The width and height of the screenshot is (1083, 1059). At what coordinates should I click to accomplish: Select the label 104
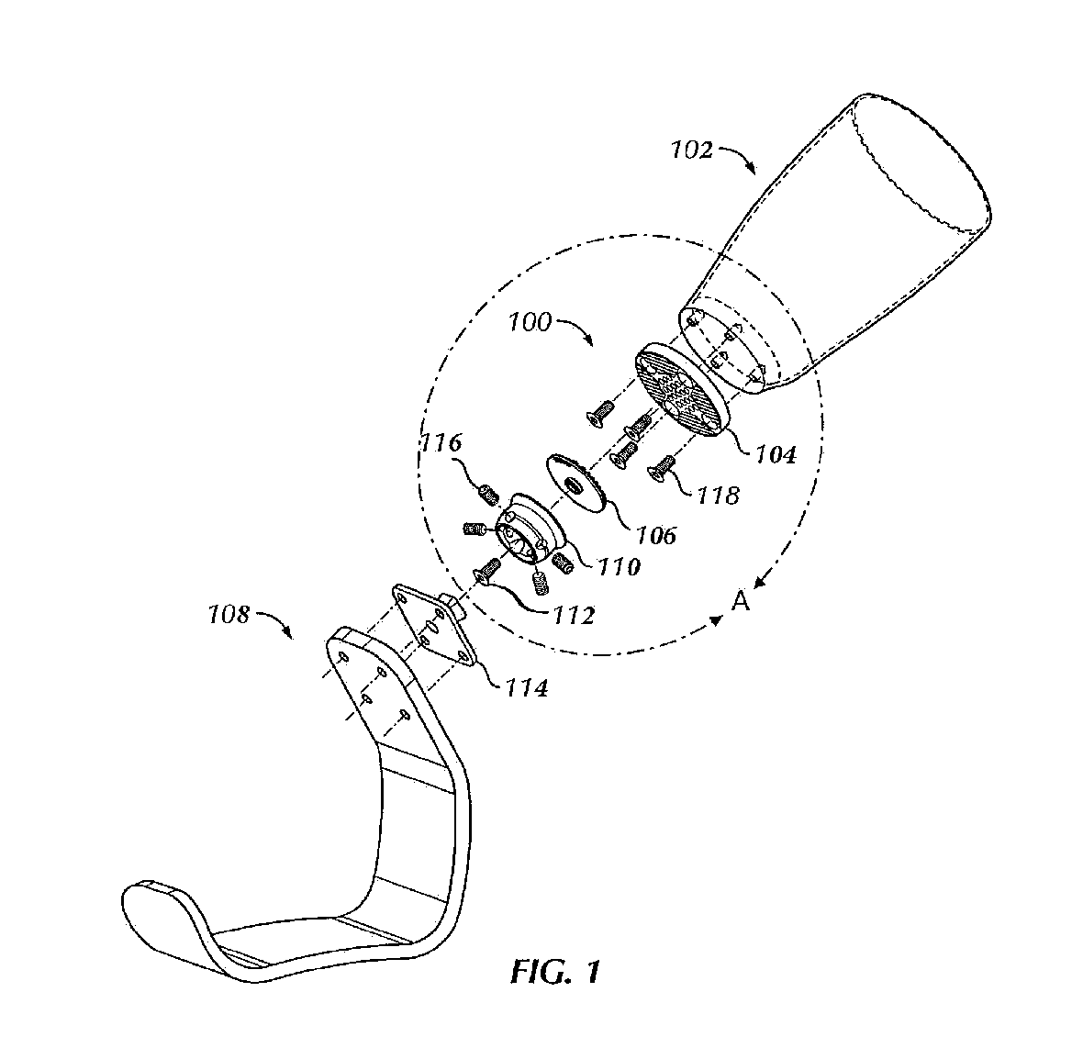pos(775,452)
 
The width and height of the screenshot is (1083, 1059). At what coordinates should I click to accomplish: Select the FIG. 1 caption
pos(555,971)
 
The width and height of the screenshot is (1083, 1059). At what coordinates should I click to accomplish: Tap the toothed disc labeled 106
pos(576,484)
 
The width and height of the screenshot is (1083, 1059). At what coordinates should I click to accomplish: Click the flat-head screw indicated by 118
pos(662,471)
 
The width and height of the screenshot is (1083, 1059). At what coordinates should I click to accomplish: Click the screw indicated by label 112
pos(487,570)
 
